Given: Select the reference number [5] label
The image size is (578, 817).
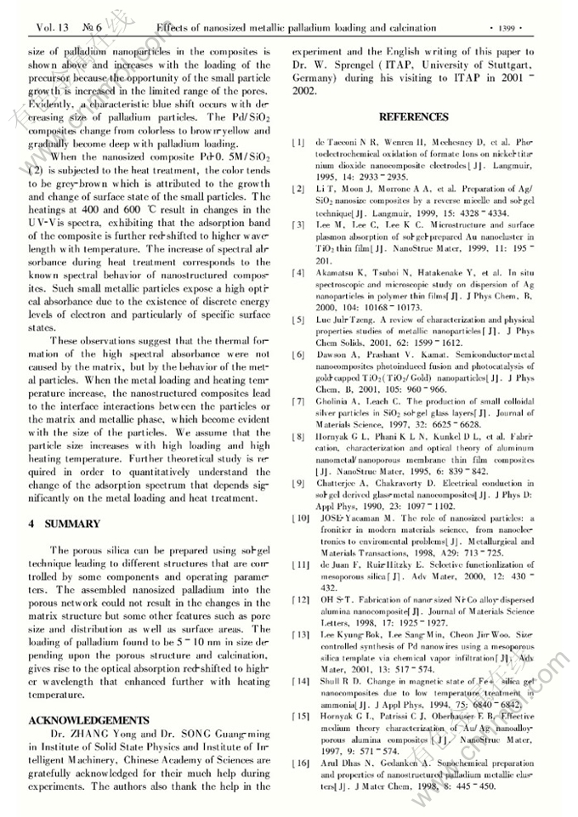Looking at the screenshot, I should click(x=298, y=318).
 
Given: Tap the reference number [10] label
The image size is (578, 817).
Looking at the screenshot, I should click(x=301, y=519).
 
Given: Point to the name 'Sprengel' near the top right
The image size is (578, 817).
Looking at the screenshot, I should click(x=366, y=64).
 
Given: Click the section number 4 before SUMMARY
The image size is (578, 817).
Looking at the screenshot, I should click(x=31, y=525).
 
